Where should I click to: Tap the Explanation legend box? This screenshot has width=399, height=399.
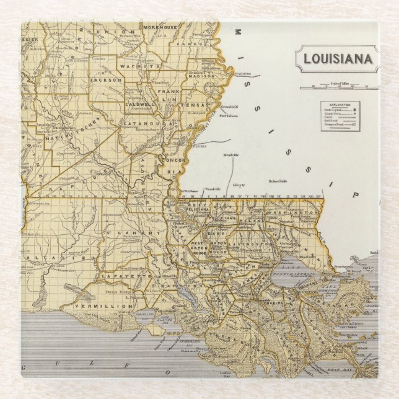(x=340, y=116)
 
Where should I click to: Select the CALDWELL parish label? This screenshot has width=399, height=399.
(x=139, y=105)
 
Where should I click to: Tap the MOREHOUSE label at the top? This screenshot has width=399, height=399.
(x=160, y=28)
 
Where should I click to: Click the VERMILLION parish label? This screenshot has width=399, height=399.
(x=103, y=306)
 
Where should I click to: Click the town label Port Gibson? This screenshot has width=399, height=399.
(x=229, y=115)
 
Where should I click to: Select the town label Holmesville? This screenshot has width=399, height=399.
(x=278, y=181)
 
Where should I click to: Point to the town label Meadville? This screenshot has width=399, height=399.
(x=231, y=155)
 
